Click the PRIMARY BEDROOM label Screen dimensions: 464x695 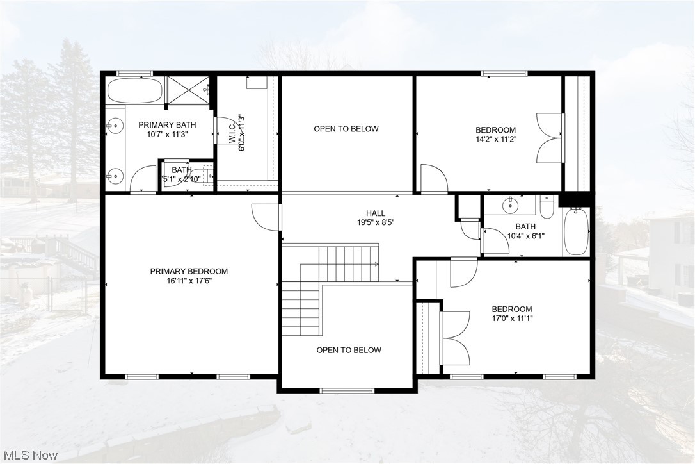(x=189, y=271)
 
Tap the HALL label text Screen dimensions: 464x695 (x=376, y=213)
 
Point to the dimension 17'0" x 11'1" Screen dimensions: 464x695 (x=512, y=318)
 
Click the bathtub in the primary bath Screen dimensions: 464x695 (x=134, y=90)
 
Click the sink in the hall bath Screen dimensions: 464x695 (x=510, y=206)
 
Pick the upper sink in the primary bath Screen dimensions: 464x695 (x=115, y=126)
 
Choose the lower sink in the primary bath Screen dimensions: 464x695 (x=115, y=174)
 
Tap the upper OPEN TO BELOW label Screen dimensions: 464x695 (x=346, y=129)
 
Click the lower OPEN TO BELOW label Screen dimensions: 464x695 (x=349, y=350)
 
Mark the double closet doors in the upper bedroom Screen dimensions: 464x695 (x=549, y=138)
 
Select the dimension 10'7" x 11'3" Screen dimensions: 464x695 (x=167, y=135)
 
